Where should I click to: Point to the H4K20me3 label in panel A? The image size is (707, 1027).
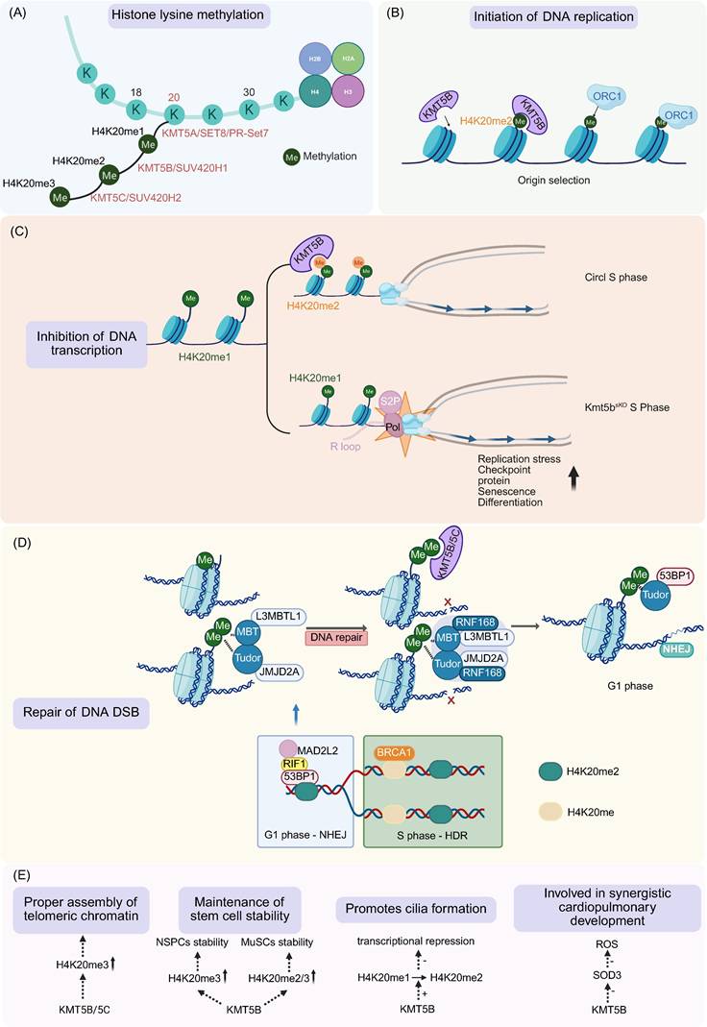pyautogui.click(x=27, y=182)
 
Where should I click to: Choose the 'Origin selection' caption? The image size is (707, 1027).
pyautogui.click(x=540, y=180)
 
